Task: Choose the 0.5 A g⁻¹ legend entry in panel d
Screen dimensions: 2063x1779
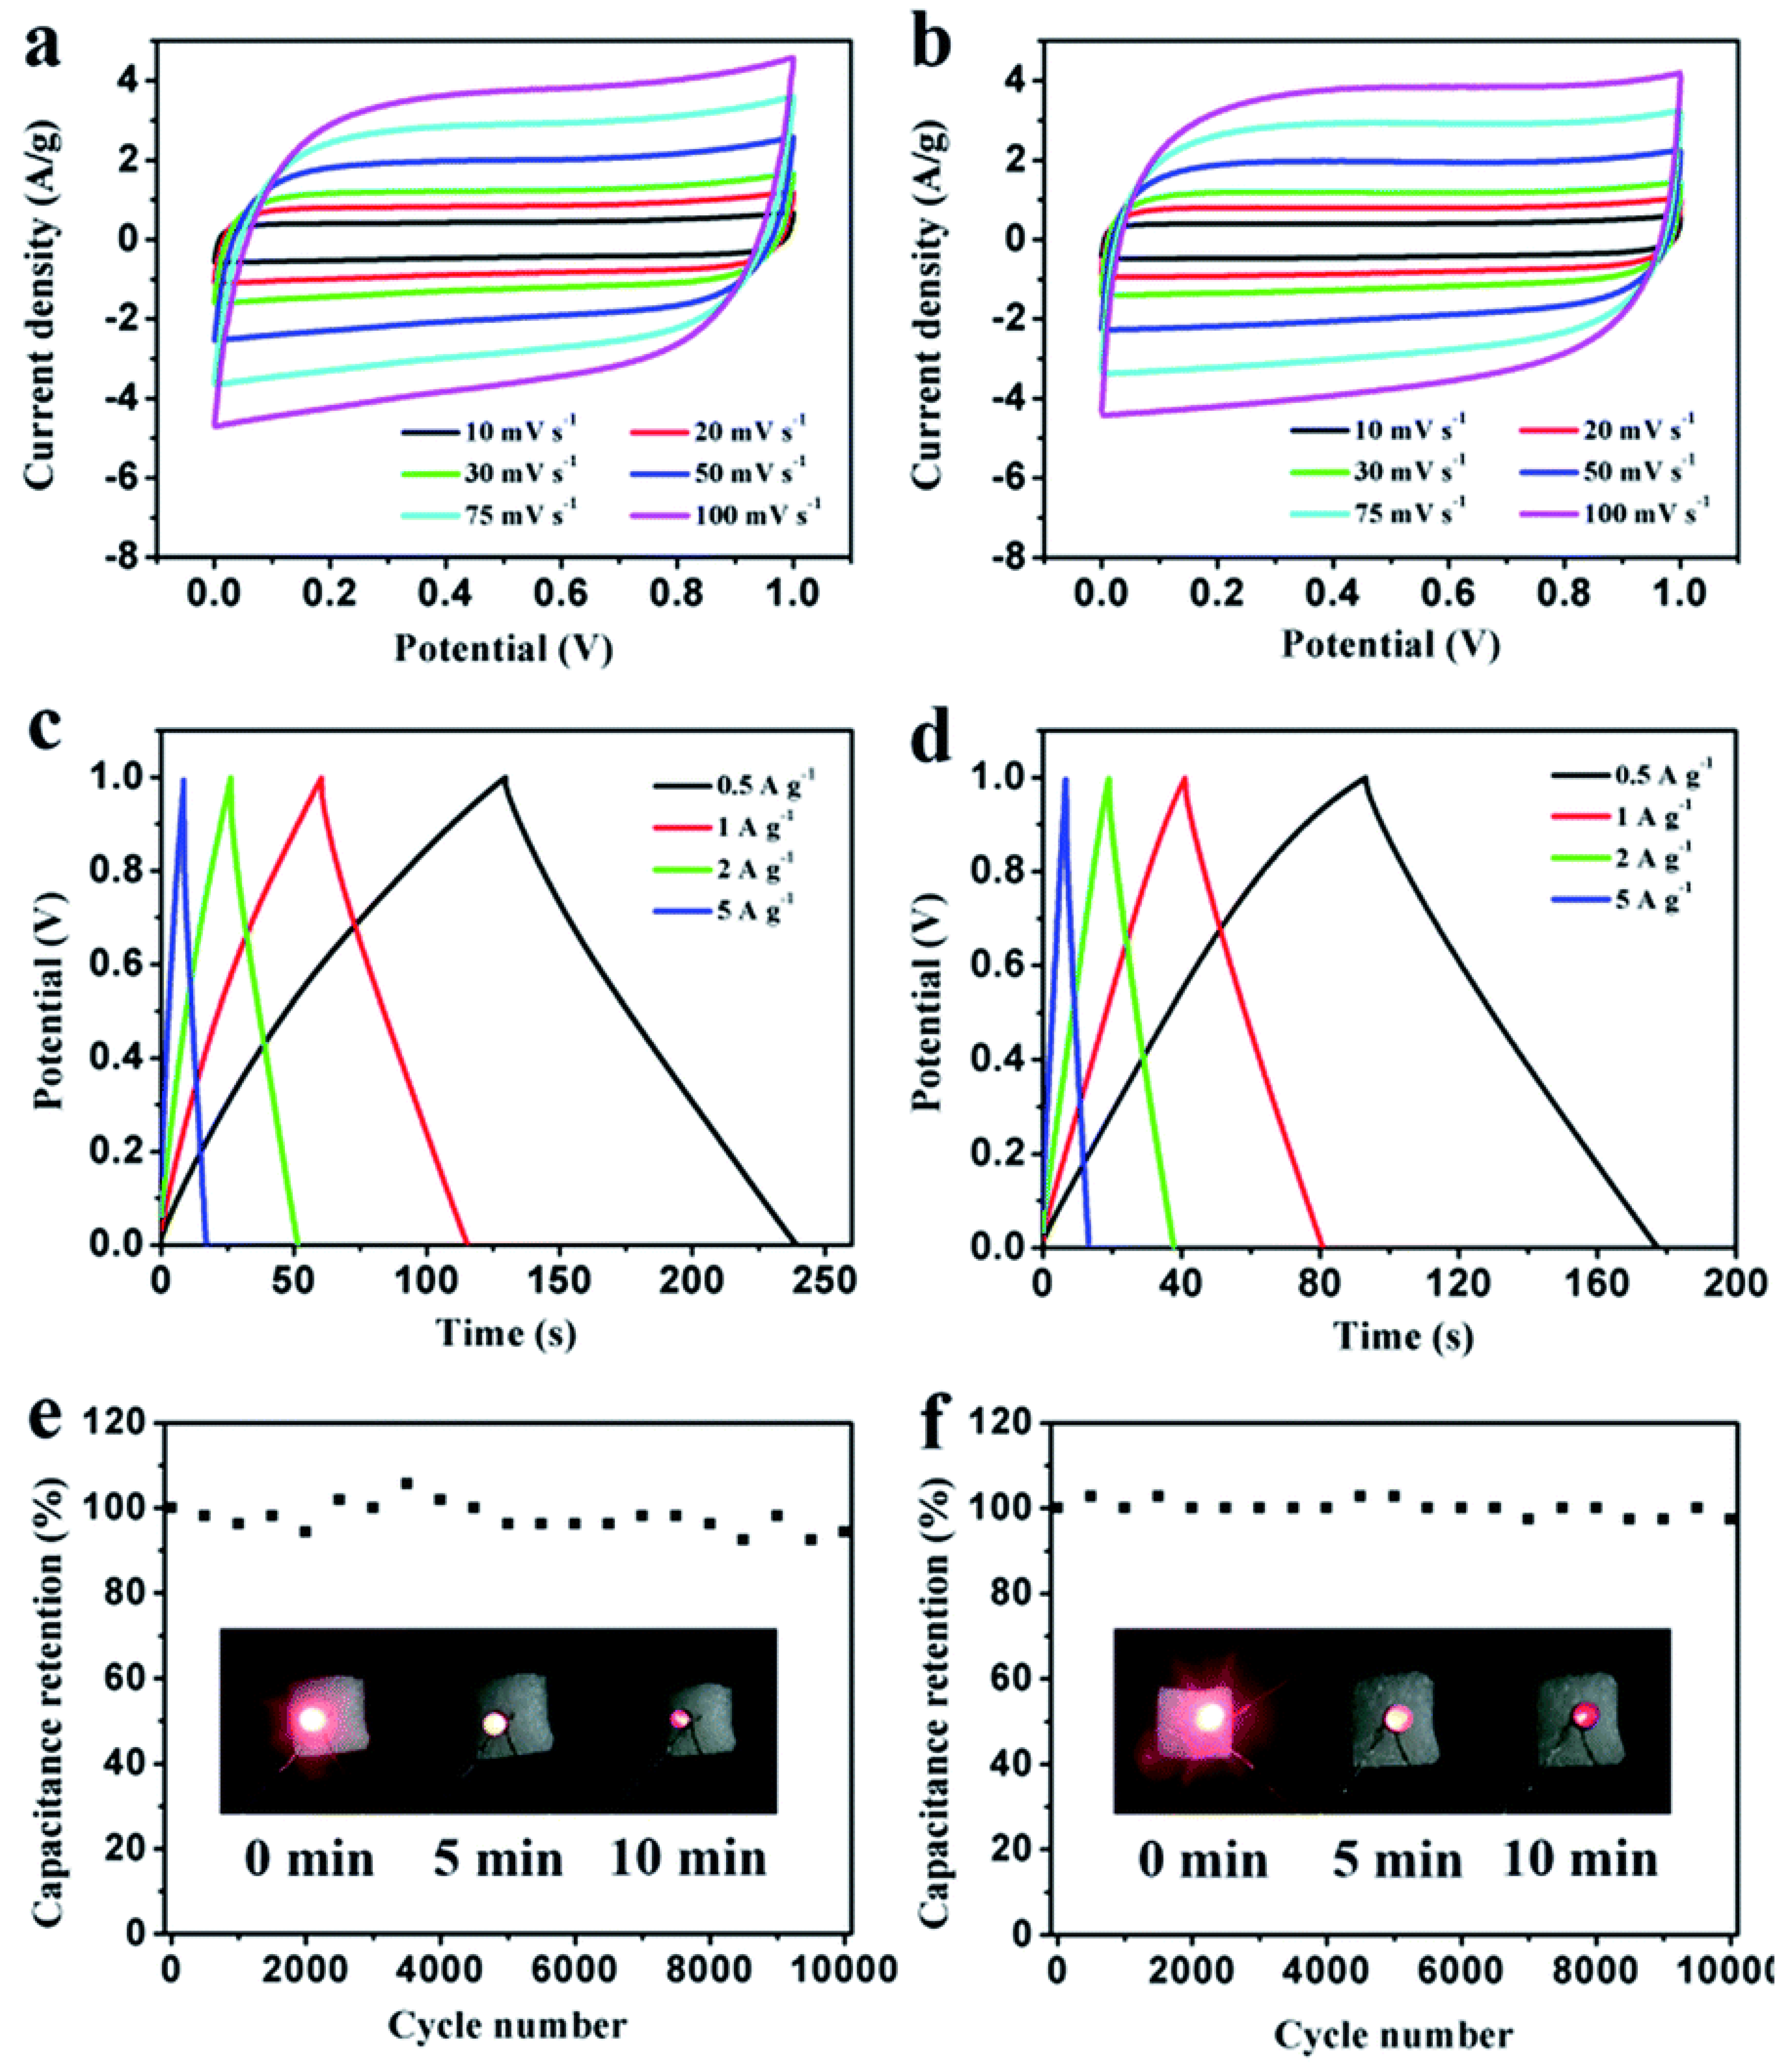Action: (x=1633, y=773)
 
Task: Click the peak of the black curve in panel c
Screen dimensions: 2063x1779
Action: (x=505, y=777)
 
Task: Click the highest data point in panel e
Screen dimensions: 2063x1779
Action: (x=406, y=1483)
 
